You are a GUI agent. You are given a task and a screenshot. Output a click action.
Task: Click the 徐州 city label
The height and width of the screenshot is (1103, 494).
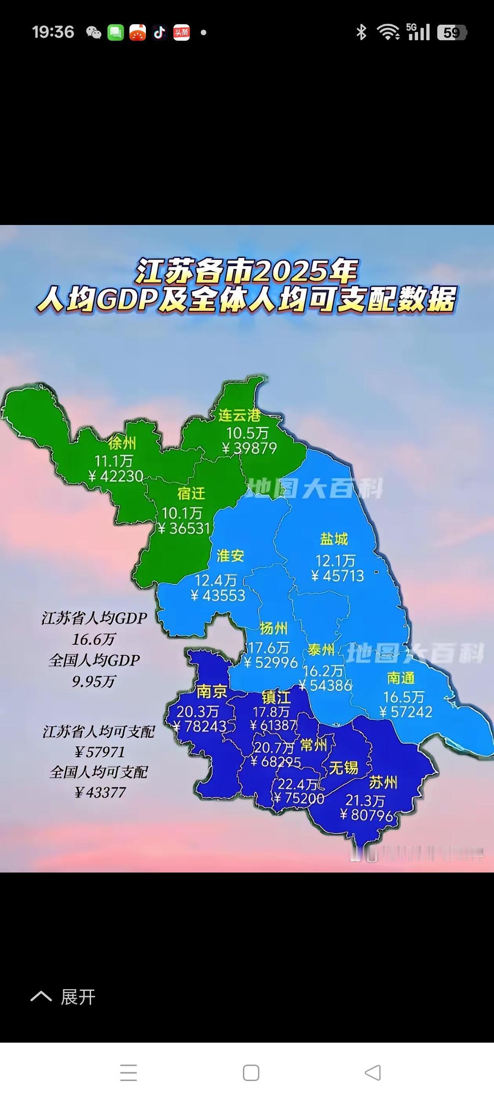[x=122, y=443]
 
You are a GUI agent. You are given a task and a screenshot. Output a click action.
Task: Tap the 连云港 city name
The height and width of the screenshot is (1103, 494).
[x=239, y=415]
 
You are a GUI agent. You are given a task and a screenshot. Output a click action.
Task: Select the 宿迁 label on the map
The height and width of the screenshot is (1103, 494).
[x=191, y=493]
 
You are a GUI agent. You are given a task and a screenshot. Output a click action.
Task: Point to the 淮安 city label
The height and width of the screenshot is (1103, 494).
[x=231, y=556]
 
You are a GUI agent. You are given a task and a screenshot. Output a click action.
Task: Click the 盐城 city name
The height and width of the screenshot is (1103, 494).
[x=334, y=539]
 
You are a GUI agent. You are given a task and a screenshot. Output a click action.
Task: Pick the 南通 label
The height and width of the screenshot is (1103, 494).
[x=401, y=678]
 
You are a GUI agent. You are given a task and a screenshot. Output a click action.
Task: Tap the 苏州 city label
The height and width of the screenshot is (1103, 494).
[x=383, y=783]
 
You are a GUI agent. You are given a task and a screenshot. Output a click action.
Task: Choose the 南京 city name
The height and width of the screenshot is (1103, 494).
[x=211, y=691]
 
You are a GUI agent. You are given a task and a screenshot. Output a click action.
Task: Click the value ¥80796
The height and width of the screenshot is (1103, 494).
[x=367, y=815]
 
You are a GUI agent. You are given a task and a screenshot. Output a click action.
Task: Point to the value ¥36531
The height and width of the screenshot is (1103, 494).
[x=184, y=529]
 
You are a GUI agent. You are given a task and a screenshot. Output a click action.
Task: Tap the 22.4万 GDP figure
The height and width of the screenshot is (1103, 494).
[x=297, y=784]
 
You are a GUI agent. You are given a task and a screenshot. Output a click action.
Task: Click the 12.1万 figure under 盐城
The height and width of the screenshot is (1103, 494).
[x=335, y=561]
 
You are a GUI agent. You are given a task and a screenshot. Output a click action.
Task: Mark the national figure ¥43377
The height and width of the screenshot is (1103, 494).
[x=100, y=792]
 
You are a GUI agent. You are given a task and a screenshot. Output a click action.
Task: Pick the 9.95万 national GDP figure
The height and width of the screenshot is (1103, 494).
[x=94, y=682]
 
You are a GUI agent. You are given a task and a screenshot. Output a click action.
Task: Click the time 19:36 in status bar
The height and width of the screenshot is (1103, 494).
[x=53, y=32]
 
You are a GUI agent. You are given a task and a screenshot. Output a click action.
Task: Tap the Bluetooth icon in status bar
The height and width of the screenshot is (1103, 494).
[x=361, y=32]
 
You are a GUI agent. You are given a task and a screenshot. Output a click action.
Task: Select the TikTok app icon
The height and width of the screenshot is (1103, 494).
[x=159, y=32]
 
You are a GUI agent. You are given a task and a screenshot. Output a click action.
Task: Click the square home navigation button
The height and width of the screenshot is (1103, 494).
[x=251, y=1072]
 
